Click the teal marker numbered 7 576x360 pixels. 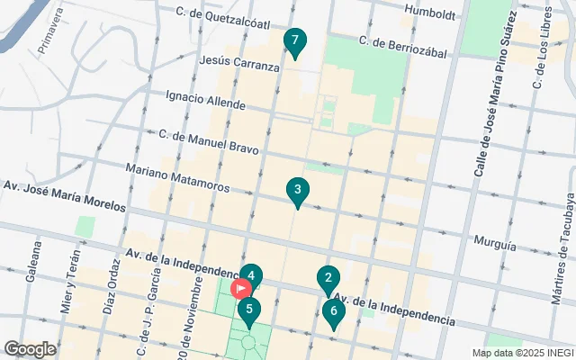[294, 41]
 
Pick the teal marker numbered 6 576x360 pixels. [334, 313]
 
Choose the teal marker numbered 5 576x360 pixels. [249, 310]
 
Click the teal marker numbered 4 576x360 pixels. [252, 275]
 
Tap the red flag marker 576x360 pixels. [241, 288]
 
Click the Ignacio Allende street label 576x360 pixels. [205, 99]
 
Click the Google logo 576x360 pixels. [30, 348]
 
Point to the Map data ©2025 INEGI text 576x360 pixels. [521, 352]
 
